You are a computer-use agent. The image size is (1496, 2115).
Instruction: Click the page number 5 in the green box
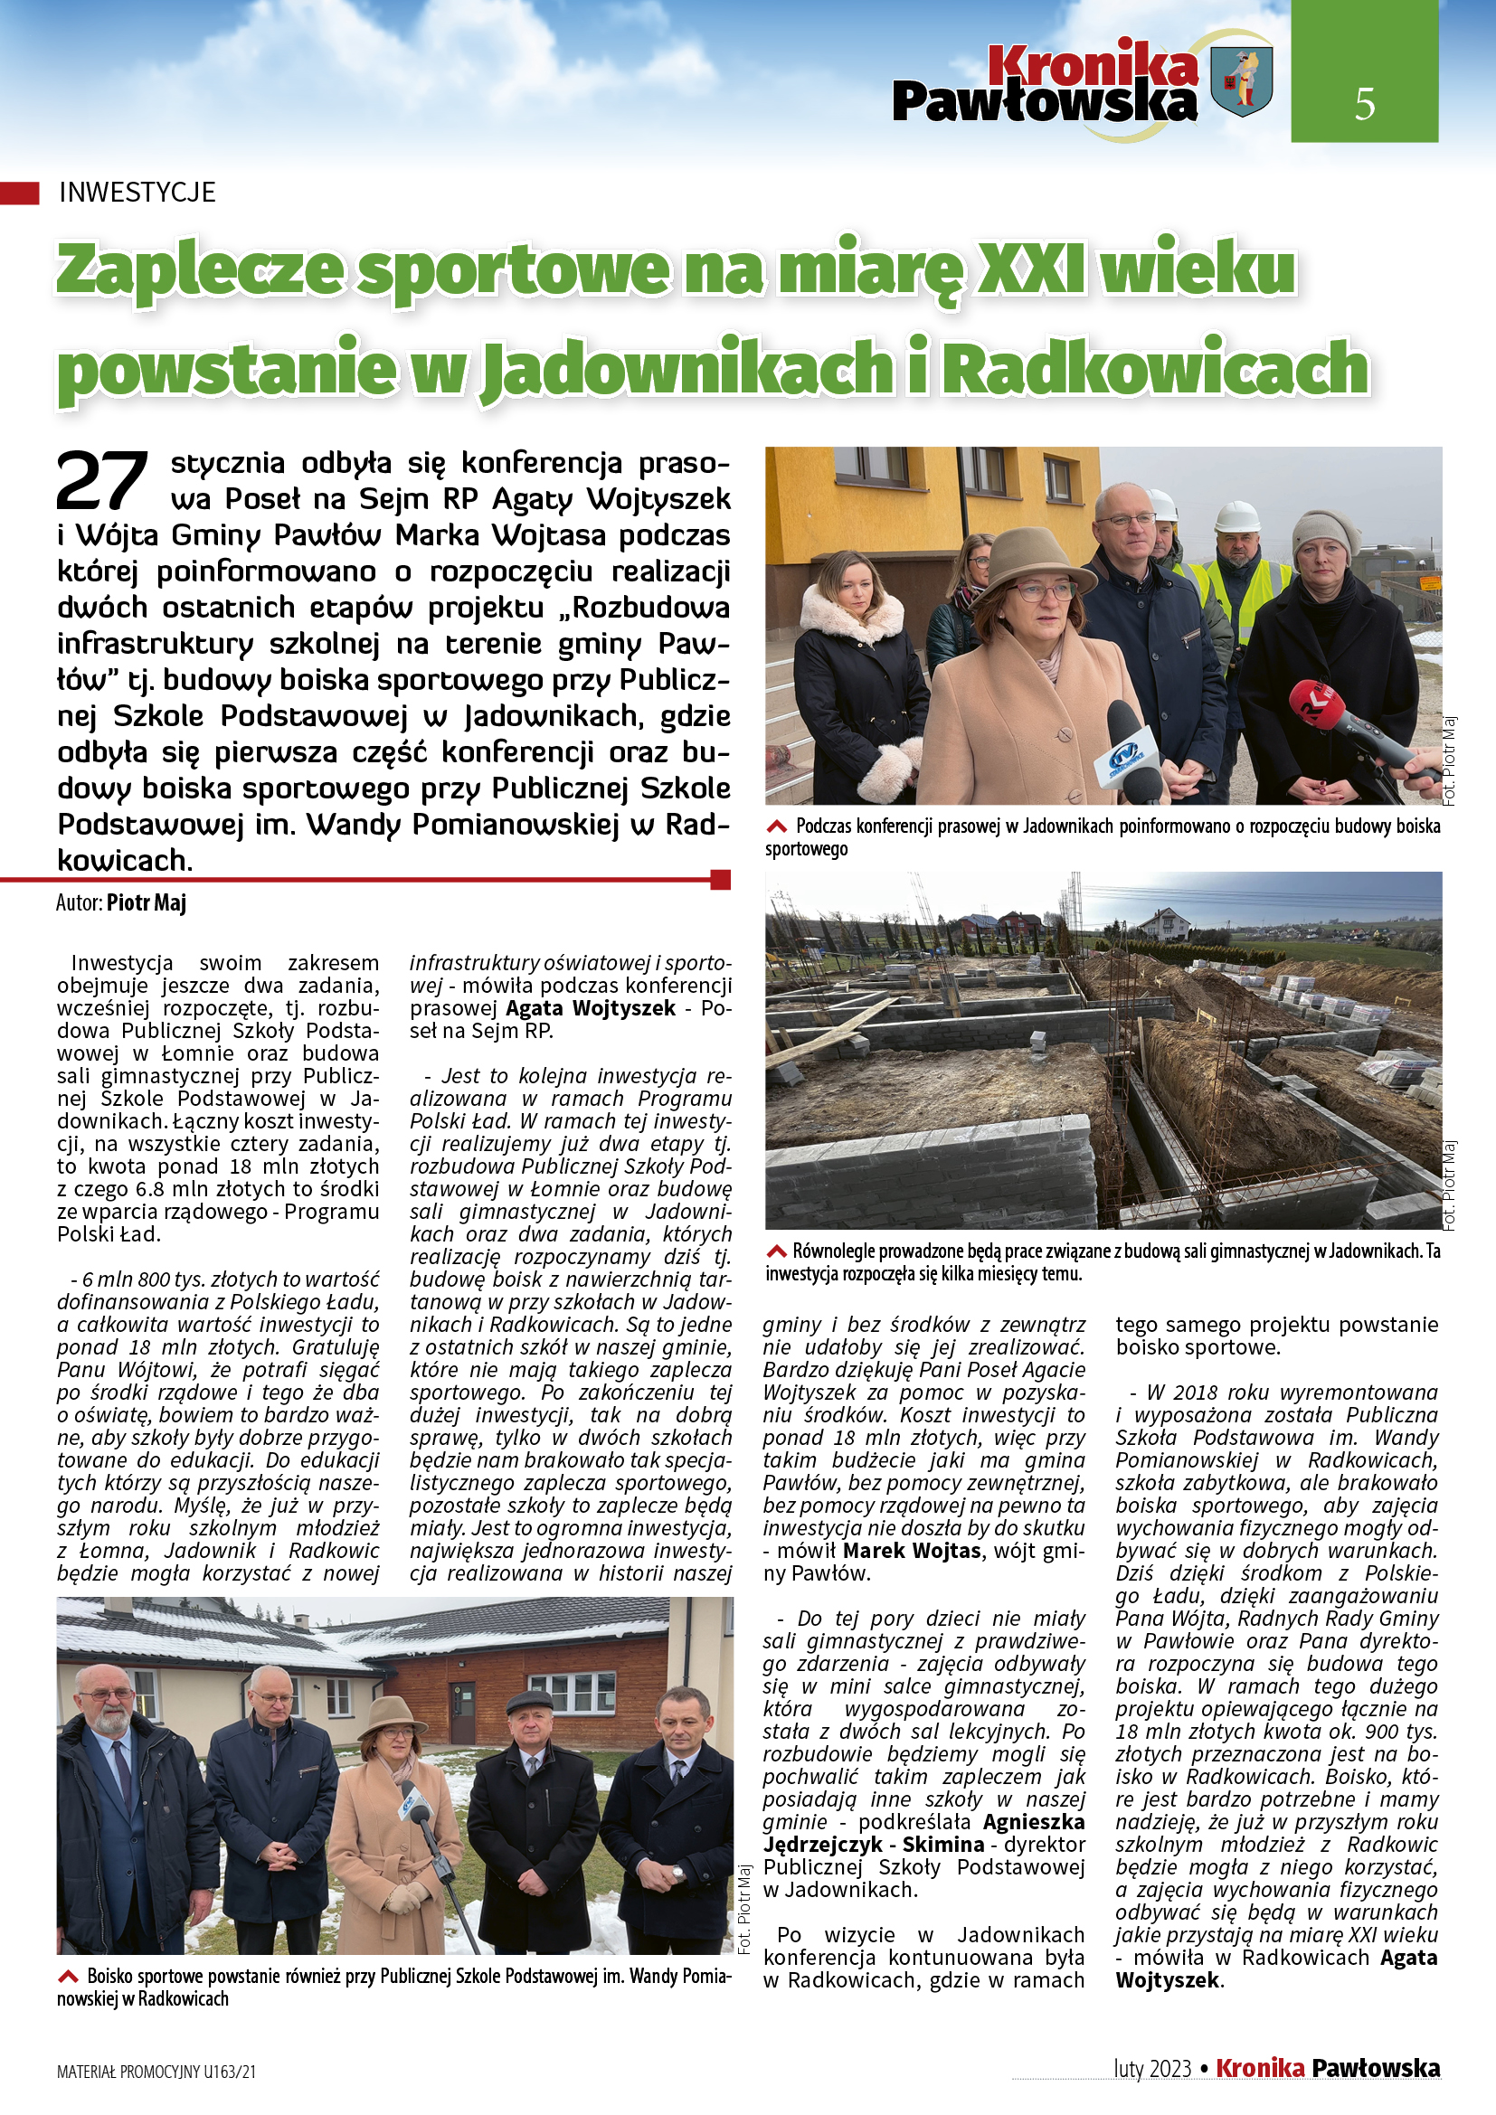[x=1364, y=103]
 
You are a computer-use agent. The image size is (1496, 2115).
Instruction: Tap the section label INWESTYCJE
[x=137, y=192]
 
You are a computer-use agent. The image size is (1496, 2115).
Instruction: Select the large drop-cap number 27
[x=101, y=481]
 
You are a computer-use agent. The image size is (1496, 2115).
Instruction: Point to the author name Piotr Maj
[x=147, y=902]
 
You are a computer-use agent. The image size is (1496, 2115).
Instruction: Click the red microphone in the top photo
[x=1318, y=707]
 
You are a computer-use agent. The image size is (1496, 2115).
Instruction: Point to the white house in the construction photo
[x=1167, y=924]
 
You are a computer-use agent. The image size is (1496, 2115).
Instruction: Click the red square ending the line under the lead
[x=720, y=880]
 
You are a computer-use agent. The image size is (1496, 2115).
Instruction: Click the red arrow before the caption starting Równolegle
[x=777, y=1251]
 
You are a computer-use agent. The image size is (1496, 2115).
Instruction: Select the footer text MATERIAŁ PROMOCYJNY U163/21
[x=156, y=2072]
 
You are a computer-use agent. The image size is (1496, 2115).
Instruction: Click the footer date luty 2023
[x=1151, y=2069]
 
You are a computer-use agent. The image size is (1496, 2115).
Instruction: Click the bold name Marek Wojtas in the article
[x=911, y=1551]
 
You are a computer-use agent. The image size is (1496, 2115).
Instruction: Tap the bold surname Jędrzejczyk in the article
[x=822, y=1844]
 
